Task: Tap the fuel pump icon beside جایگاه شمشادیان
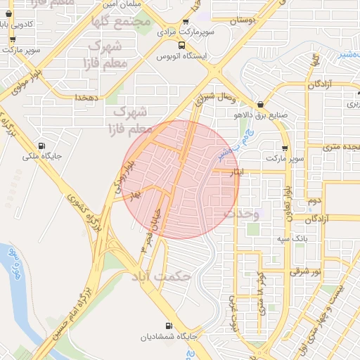(167, 326)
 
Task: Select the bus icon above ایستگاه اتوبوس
(182, 46)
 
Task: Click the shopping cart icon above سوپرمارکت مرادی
(185, 22)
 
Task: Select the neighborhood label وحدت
(242, 212)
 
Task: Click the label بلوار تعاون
(287, 203)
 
